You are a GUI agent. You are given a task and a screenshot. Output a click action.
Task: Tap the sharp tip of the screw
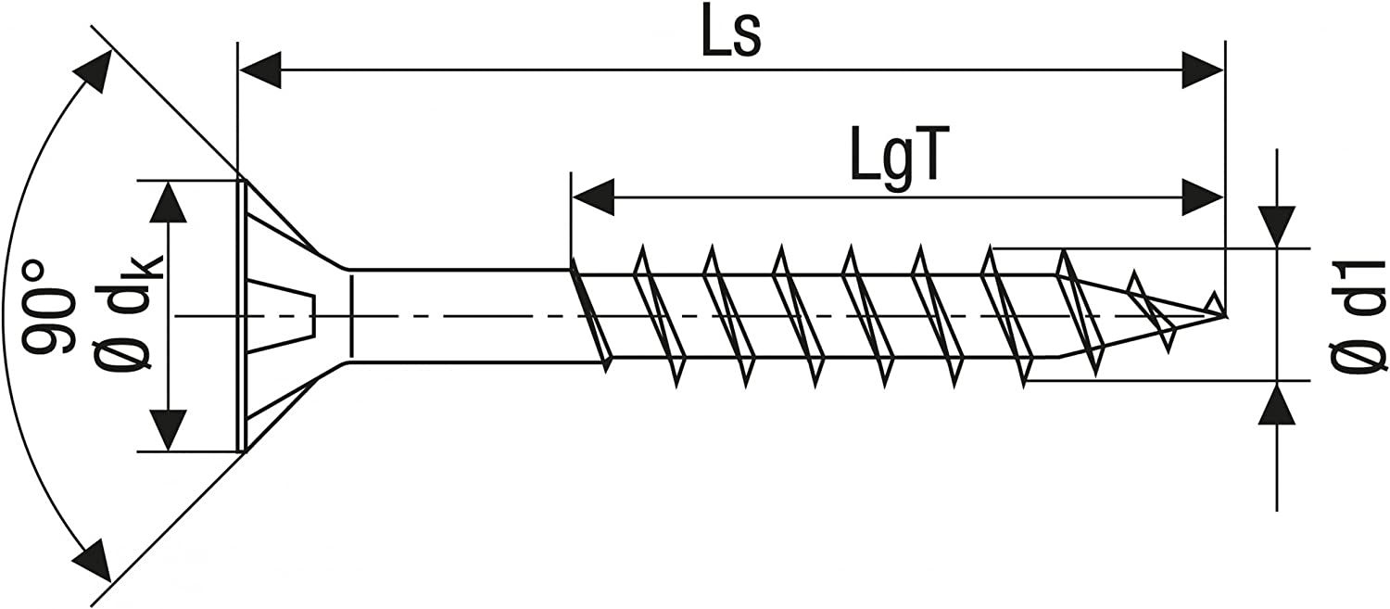(1225, 315)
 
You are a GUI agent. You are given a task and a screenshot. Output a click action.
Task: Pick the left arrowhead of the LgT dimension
(593, 197)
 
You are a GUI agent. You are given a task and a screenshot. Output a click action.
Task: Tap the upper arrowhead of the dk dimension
(169, 202)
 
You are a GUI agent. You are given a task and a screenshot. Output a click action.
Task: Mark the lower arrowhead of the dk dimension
(169, 429)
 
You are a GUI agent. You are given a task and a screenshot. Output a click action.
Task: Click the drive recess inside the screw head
(283, 315)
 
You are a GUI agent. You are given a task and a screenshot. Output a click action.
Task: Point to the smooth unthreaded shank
(459, 315)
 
